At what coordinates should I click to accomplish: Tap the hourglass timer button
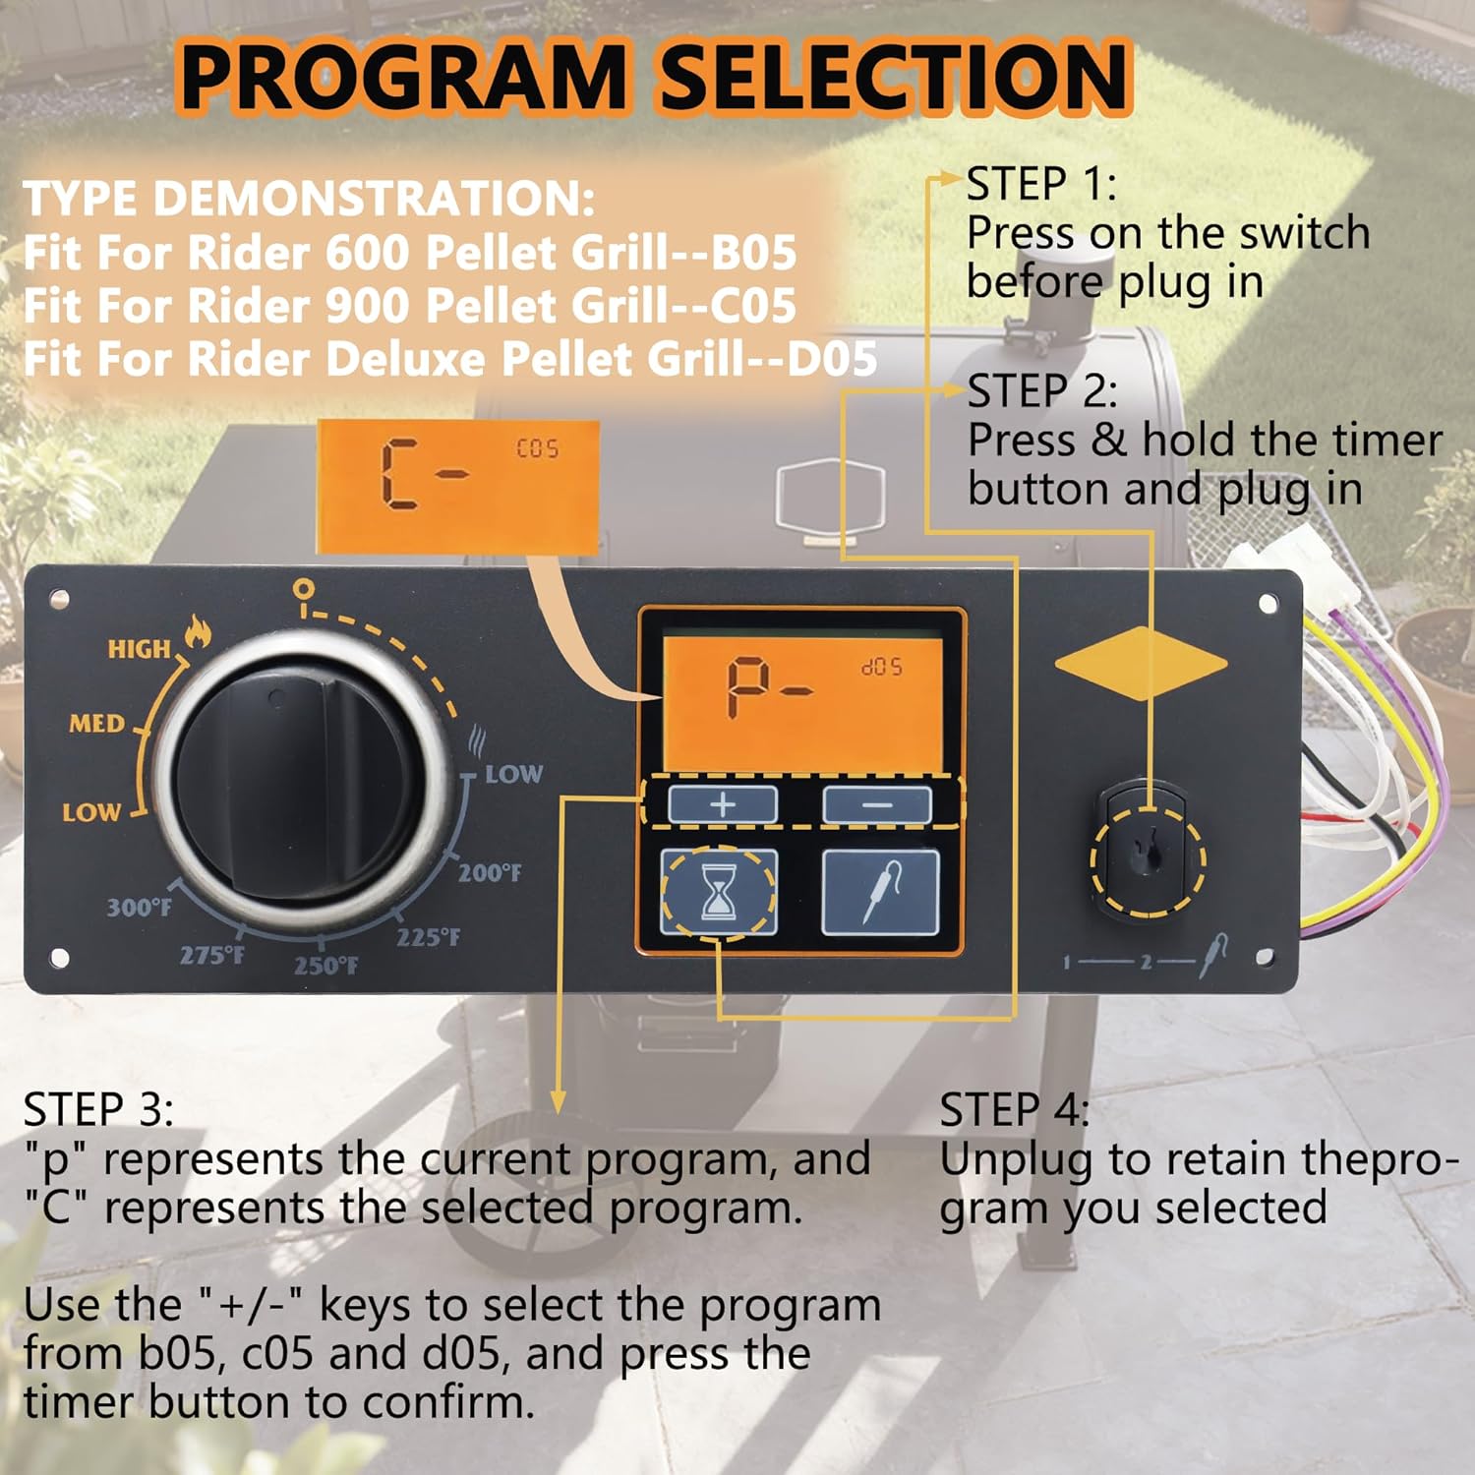coord(719,893)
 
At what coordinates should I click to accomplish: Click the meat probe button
coord(880,893)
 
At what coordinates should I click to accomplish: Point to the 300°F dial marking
coord(139,907)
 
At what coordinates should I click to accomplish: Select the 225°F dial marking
coord(428,937)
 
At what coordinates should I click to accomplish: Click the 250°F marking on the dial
coord(325,966)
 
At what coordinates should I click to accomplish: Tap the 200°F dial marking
coord(489,872)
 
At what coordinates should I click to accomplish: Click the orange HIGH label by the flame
coord(139,649)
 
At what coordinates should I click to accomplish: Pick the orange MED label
coord(96,724)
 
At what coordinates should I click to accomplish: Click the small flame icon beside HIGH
coord(198,631)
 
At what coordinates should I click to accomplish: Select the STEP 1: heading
coord(1041,185)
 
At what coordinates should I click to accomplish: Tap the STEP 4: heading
coord(1014,1110)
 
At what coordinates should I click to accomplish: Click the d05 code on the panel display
coord(881,667)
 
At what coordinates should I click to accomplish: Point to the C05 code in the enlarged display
coord(537,448)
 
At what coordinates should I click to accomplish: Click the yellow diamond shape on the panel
coord(1141,663)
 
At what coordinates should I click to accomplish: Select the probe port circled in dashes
coord(1147,856)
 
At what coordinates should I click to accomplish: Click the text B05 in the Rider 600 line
coord(753,253)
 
